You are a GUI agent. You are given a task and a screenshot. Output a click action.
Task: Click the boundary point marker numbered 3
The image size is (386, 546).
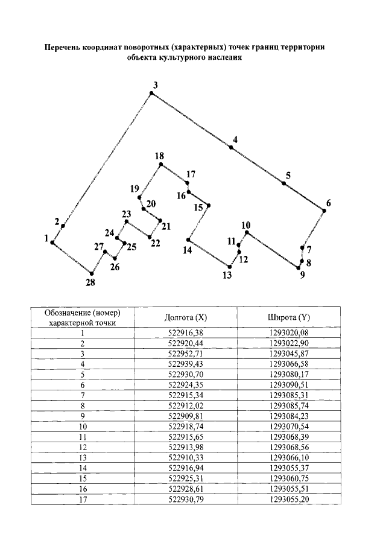click(151, 93)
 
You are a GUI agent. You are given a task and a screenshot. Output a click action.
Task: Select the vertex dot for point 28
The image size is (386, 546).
click(92, 273)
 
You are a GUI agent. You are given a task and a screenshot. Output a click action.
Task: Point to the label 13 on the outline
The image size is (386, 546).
click(227, 276)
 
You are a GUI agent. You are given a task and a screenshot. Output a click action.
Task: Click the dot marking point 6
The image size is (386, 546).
click(323, 211)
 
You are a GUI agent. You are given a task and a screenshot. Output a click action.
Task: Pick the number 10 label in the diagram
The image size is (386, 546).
click(245, 225)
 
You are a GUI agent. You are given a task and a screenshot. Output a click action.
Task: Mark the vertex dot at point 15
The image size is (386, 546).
click(208, 206)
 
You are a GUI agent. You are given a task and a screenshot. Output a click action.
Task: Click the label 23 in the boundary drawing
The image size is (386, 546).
click(126, 214)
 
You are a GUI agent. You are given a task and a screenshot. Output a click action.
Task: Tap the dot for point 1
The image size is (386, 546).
click(52, 243)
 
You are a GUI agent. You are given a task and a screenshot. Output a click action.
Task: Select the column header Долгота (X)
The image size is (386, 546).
click(186, 317)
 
